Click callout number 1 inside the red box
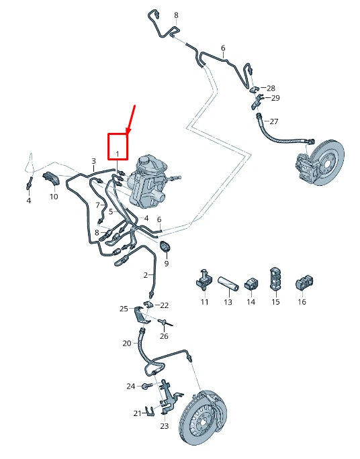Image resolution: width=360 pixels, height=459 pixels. [118, 154]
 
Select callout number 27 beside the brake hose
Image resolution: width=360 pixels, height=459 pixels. [273, 121]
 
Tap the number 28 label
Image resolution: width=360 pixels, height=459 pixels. [271, 88]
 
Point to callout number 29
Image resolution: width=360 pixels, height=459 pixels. [275, 98]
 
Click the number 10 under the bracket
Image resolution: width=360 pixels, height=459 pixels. [54, 197]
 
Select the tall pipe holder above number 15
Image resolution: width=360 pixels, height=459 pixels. [275, 278]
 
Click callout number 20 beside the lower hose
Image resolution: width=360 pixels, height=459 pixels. [127, 343]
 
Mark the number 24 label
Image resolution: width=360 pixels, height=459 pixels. [131, 386]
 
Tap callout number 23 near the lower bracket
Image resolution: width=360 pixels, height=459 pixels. [165, 426]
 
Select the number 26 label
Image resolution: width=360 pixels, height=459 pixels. [165, 336]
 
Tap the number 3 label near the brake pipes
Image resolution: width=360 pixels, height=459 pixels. [94, 161]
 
